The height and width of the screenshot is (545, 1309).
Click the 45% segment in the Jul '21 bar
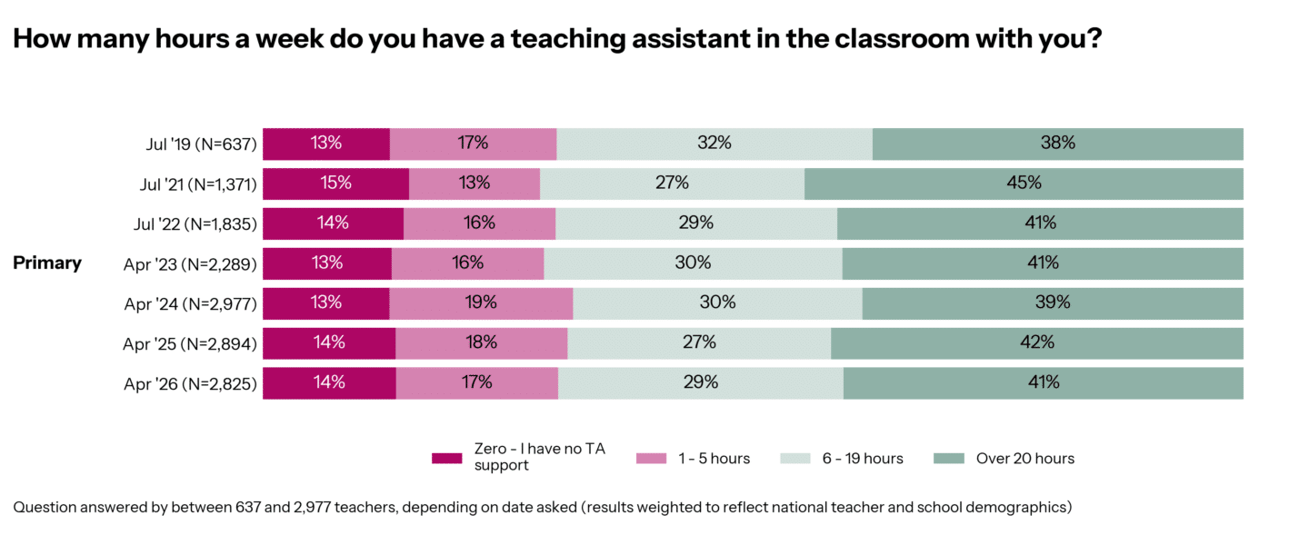(1024, 183)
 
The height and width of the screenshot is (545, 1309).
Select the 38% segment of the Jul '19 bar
(1057, 143)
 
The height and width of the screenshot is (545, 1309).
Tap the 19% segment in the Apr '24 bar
(481, 302)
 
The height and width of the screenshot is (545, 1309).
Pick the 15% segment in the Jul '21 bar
(335, 183)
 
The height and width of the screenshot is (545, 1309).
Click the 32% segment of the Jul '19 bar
(714, 143)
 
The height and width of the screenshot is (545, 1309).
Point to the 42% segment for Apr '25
(1036, 342)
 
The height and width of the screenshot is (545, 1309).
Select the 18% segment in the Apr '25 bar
(481, 342)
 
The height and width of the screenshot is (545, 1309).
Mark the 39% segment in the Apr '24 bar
(1052, 302)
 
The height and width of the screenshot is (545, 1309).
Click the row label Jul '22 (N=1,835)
(198, 223)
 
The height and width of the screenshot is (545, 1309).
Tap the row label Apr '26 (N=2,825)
(190, 383)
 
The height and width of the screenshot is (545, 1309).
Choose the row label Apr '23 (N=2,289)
(190, 263)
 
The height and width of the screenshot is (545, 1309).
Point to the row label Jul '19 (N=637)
(202, 144)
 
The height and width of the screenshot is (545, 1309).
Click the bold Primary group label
(47, 263)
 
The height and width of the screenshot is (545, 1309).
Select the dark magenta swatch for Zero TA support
(446, 459)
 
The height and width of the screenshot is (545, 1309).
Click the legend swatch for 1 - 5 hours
(651, 459)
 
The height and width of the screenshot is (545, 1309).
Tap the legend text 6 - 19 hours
(863, 459)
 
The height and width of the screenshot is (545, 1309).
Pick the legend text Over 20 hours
(1024, 459)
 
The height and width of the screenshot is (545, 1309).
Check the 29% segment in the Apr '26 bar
(700, 382)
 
